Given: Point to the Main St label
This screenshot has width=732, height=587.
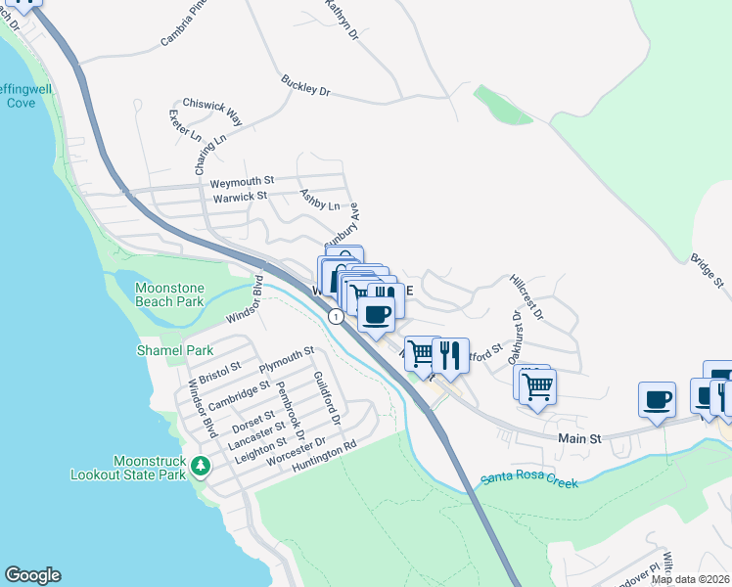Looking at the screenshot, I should (x=579, y=439).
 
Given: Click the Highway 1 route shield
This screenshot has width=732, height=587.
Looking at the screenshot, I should (x=336, y=316).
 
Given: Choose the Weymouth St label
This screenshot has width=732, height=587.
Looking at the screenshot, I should (x=242, y=182).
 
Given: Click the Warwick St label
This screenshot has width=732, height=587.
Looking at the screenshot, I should (x=241, y=196).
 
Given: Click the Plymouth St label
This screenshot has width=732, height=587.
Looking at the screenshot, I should (x=286, y=359).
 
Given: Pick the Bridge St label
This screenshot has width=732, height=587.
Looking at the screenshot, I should (x=706, y=271).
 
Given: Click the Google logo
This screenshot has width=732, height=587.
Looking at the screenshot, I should (x=32, y=575).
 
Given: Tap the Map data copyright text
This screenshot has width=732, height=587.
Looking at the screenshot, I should (x=689, y=579).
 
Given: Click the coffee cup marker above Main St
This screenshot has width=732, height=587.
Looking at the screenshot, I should (x=657, y=400).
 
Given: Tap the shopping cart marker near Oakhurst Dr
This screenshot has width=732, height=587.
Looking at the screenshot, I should (x=537, y=385).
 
